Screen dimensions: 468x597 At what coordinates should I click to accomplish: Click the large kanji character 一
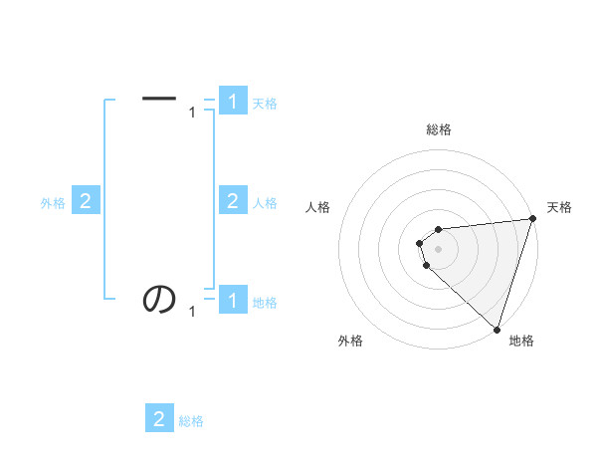click(x=159, y=99)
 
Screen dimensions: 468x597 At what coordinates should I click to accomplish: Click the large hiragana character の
click(x=159, y=298)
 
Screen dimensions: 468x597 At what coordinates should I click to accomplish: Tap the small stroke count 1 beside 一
click(x=192, y=114)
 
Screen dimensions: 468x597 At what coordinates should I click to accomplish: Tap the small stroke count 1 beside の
click(x=192, y=313)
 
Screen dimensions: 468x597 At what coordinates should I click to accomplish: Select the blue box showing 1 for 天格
click(x=233, y=102)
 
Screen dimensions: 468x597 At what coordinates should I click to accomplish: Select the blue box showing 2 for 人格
click(x=233, y=201)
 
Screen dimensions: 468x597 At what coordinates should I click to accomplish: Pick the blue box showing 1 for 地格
click(x=233, y=300)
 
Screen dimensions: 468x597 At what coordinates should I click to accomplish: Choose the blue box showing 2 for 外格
click(x=86, y=201)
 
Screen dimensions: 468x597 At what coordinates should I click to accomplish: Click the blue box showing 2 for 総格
click(x=159, y=418)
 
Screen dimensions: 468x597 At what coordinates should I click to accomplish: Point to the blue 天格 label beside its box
click(x=265, y=104)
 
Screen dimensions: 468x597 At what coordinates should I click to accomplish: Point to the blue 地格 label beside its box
click(x=265, y=303)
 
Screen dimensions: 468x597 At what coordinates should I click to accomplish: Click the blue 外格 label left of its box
click(x=53, y=203)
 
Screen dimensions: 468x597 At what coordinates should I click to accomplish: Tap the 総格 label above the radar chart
click(x=438, y=129)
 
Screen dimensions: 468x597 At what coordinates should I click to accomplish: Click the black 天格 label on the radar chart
click(x=559, y=207)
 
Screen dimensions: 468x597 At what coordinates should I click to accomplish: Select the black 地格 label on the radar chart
click(x=521, y=341)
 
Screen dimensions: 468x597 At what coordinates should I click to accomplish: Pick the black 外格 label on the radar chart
click(x=350, y=341)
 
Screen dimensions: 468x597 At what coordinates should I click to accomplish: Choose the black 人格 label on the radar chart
click(x=317, y=207)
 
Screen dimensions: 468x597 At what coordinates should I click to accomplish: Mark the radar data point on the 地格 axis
click(x=496, y=329)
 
